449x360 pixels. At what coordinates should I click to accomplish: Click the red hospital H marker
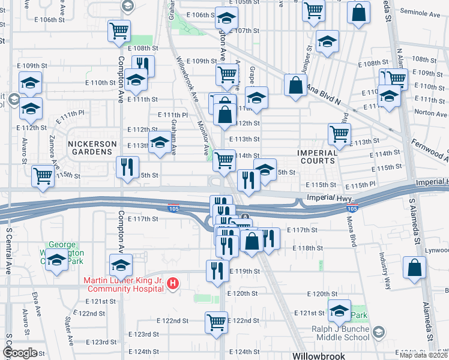[x=172, y=283]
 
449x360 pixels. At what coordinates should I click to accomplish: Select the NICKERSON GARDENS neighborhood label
[x=91, y=144]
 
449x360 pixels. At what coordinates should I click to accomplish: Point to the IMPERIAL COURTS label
[x=316, y=157]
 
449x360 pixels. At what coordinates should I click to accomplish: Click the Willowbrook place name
[x=319, y=356]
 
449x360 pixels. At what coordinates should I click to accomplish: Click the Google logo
[x=20, y=352]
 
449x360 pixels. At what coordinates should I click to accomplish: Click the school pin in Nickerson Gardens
[x=159, y=143]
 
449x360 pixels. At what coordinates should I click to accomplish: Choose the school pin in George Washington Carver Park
[x=56, y=261]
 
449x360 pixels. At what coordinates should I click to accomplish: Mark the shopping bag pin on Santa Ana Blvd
[x=295, y=85]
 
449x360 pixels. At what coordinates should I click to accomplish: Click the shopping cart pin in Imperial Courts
[x=339, y=134]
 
